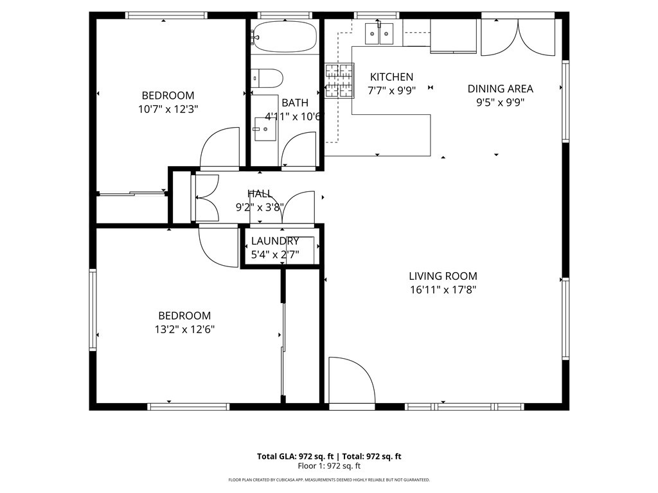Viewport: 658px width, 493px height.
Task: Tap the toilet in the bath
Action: click(x=267, y=78)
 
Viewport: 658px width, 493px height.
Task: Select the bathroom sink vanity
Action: click(x=264, y=132)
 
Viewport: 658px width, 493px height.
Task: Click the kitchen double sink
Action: click(x=379, y=33)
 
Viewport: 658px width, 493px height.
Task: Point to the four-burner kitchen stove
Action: click(x=339, y=81)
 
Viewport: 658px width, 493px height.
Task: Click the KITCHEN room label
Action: click(x=391, y=77)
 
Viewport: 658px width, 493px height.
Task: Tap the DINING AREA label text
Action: click(x=500, y=89)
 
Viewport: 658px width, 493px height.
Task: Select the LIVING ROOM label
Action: click(x=443, y=276)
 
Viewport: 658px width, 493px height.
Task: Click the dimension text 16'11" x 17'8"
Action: click(x=443, y=290)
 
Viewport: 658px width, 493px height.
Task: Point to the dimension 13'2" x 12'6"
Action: click(x=184, y=329)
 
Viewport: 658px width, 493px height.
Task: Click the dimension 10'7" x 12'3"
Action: click(x=168, y=109)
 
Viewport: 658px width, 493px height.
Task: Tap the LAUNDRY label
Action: click(x=274, y=241)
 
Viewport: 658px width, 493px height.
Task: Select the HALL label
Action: click(x=260, y=193)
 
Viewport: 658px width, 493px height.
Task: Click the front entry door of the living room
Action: click(x=351, y=381)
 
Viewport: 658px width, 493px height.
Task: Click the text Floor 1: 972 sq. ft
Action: click(x=329, y=466)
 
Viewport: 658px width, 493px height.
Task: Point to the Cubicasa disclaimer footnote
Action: click(x=329, y=480)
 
